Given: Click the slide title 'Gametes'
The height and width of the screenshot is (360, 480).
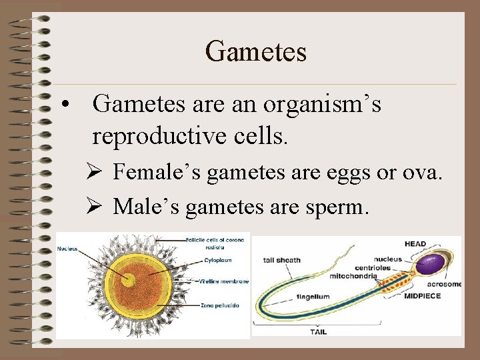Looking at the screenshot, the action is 256,51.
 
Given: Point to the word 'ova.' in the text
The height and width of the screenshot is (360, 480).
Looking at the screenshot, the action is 423,173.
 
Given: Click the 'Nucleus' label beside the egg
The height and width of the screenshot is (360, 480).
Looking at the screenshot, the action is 67,249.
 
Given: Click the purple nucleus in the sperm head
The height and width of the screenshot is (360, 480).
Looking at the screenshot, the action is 437,261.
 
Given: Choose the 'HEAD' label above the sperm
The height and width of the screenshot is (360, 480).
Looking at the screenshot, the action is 415,244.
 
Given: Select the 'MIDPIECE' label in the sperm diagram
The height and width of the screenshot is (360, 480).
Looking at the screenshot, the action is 422,296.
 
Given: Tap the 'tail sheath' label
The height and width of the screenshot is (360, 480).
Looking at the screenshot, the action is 282,260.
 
